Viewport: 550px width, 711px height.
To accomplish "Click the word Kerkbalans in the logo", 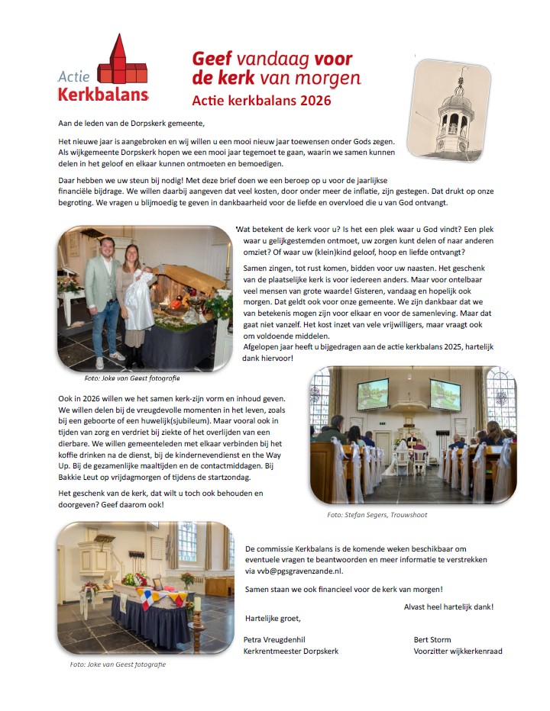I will [102, 94].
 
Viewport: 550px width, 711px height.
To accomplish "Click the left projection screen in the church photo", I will [372, 394].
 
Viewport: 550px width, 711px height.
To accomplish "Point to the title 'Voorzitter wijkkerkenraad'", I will [458, 651].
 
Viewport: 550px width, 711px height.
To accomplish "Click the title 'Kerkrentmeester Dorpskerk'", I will [290, 651].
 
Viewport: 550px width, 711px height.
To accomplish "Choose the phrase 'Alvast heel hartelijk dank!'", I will [448, 606].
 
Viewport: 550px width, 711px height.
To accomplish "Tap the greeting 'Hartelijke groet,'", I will [273, 619].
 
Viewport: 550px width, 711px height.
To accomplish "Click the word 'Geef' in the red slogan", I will [211, 59].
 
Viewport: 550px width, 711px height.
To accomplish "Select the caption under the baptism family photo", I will [132, 378].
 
